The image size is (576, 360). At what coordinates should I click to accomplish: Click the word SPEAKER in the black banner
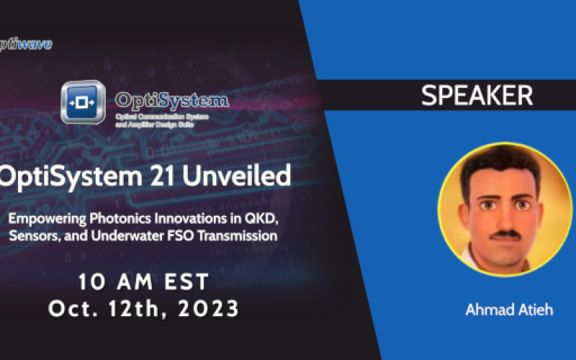coord(477,96)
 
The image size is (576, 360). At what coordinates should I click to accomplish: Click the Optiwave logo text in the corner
coord(26,45)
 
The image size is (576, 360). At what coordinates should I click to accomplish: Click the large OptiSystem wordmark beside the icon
coord(172,99)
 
